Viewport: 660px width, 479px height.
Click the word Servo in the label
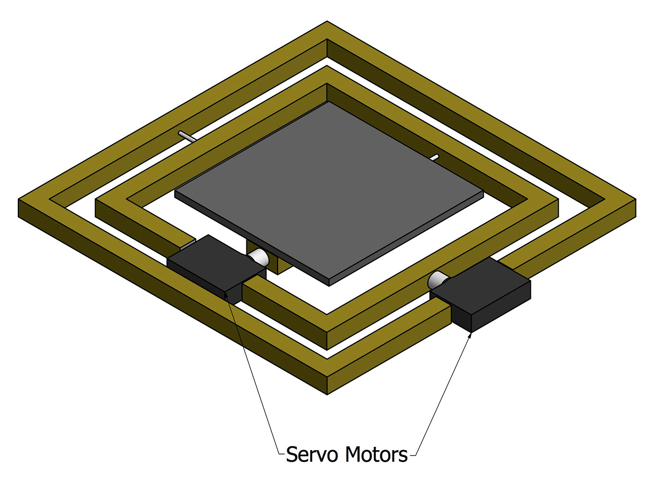pos(313,455)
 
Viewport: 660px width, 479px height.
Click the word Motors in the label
pos(377,455)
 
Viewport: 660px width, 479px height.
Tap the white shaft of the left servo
pos(259,257)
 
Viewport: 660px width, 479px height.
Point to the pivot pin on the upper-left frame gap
pos(186,136)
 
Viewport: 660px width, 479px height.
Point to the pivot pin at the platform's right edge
pos(434,157)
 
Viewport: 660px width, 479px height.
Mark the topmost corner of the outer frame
pos(327,23)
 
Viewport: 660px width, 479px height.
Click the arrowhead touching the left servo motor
pos(226,294)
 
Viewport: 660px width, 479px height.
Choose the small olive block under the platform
pos(269,262)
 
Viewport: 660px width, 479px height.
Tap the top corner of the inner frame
pos(327,68)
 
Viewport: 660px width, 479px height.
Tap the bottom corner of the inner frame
pos(327,347)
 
